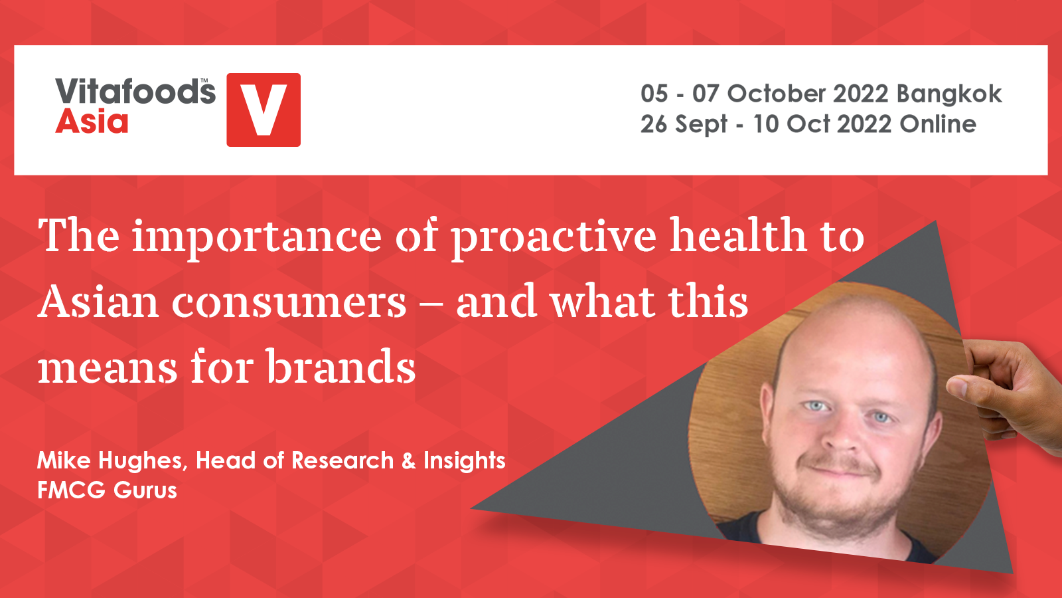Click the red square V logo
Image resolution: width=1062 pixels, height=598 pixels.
(x=264, y=110)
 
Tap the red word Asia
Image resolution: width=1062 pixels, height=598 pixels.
(x=92, y=122)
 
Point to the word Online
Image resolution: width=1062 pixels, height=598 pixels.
(x=939, y=124)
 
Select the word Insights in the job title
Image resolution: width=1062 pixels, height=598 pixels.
(x=465, y=461)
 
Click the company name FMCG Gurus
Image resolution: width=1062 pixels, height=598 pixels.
(x=107, y=491)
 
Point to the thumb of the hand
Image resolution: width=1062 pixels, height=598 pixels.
(x=967, y=389)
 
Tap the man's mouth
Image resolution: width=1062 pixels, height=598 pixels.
(x=838, y=469)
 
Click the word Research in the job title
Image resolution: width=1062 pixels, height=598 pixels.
(x=342, y=461)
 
